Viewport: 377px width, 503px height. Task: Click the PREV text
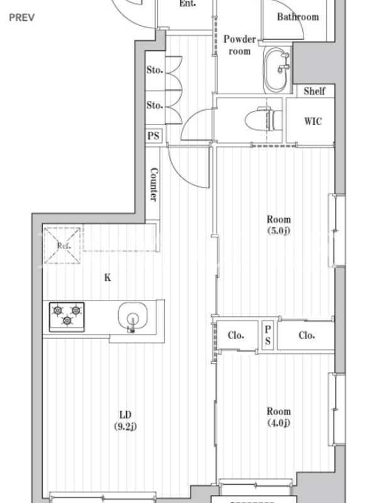click(22, 18)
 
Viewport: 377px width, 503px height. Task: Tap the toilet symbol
click(263, 119)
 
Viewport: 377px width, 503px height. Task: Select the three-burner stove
click(67, 317)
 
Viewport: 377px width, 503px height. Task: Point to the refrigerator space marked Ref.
click(62, 245)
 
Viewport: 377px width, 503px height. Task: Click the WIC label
click(312, 121)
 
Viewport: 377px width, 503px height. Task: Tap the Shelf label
click(314, 91)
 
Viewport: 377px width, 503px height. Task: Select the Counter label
click(153, 184)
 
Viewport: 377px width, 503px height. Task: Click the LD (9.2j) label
click(125, 420)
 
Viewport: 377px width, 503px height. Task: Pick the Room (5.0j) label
click(278, 225)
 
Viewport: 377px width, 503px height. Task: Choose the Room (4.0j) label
click(278, 417)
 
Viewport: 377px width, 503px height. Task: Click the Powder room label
click(239, 45)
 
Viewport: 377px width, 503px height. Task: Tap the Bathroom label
click(298, 17)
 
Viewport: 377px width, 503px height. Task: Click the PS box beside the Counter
click(153, 136)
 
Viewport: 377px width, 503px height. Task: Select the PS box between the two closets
click(268, 335)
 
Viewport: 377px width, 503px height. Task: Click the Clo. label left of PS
click(236, 335)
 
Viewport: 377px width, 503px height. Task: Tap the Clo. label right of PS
click(307, 335)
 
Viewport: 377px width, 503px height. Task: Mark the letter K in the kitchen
click(107, 277)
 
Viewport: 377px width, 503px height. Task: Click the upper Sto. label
click(155, 70)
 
